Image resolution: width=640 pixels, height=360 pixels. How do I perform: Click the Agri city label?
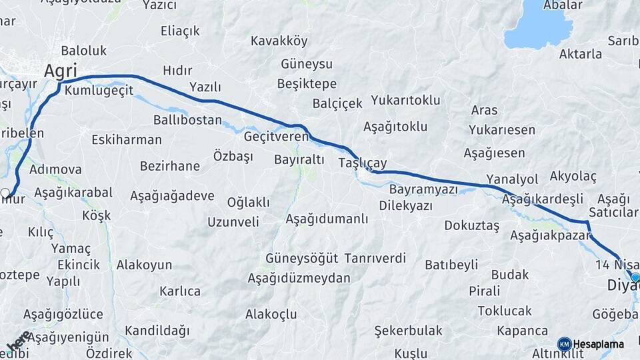click(x=61, y=70)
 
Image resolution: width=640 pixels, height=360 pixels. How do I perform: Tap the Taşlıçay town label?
click(x=362, y=163)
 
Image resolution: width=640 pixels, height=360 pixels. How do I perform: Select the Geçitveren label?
click(x=276, y=136)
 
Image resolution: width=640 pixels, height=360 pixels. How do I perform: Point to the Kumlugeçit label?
click(x=99, y=89)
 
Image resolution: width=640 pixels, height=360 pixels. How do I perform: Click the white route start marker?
click(x=6, y=193)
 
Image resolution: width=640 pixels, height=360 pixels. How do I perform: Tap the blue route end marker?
click(x=635, y=277)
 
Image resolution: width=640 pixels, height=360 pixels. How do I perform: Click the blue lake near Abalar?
click(x=538, y=27)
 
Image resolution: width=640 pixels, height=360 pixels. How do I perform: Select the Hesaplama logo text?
click(x=599, y=344)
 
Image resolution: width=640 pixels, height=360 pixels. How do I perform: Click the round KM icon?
click(x=564, y=344)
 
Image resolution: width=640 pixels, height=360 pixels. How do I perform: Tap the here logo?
click(x=18, y=340)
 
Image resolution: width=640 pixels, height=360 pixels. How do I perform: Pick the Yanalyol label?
click(x=512, y=179)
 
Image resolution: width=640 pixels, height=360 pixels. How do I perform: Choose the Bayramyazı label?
click(x=423, y=189)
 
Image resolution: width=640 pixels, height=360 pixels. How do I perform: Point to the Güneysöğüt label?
click(x=301, y=257)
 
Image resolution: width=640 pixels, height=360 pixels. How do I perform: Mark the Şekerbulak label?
click(x=408, y=330)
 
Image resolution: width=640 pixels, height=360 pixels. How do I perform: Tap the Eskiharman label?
click(x=126, y=139)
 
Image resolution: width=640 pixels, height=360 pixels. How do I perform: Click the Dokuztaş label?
click(x=471, y=225)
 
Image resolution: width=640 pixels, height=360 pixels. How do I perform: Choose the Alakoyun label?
click(x=145, y=265)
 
